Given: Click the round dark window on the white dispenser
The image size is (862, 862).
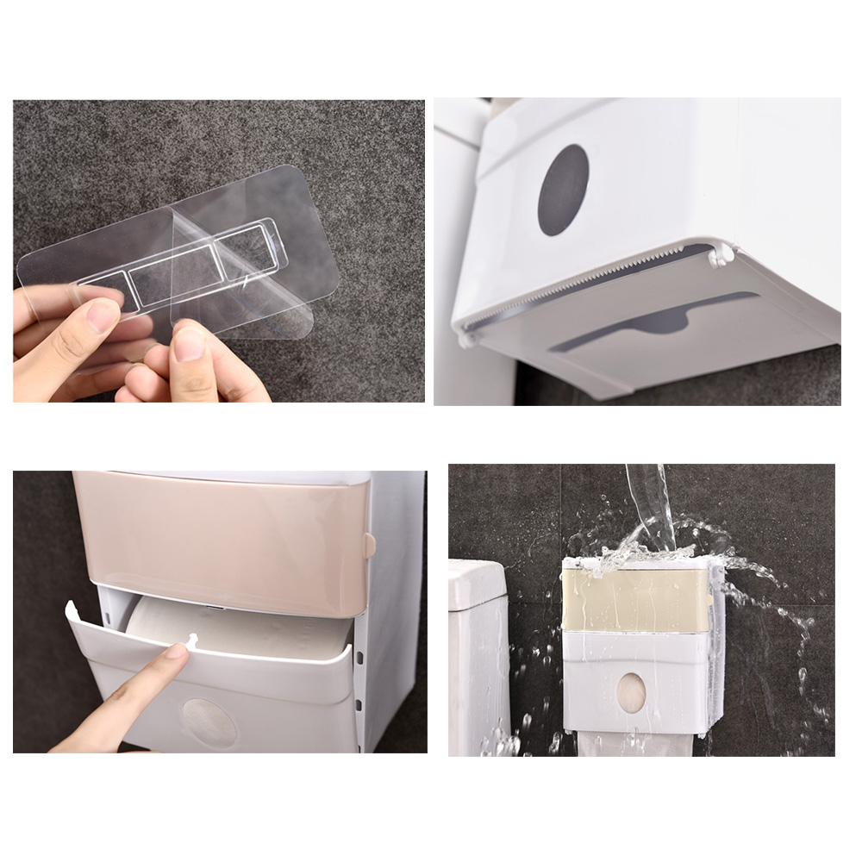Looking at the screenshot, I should click(563, 190).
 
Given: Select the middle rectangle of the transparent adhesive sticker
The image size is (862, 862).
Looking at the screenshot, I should click(175, 275).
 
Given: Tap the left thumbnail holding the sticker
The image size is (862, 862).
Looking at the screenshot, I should click(103, 315).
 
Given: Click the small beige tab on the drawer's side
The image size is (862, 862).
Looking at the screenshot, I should click(370, 545).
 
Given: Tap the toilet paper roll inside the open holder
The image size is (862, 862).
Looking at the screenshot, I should click(233, 625).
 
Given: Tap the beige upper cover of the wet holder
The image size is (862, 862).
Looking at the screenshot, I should click(635, 599).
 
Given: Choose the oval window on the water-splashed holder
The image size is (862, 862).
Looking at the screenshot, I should click(632, 692).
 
